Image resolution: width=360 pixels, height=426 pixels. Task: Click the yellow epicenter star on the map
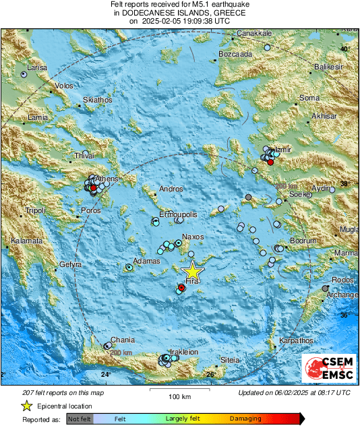tap(192, 271)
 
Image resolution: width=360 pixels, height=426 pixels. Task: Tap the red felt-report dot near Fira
tap(181, 288)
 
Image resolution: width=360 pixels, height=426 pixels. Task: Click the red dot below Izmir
tap(270, 162)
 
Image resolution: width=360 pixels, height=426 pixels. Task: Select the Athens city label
tap(107, 179)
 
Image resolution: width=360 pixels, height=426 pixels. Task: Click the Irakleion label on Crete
tap(183, 352)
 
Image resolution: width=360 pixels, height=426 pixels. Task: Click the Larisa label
tap(35, 68)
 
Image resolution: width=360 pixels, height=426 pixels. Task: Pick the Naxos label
tap(193, 237)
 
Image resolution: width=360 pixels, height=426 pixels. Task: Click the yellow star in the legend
tap(27, 406)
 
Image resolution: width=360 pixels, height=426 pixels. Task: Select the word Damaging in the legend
tap(245, 418)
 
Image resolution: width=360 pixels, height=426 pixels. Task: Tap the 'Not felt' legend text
tap(80, 418)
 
